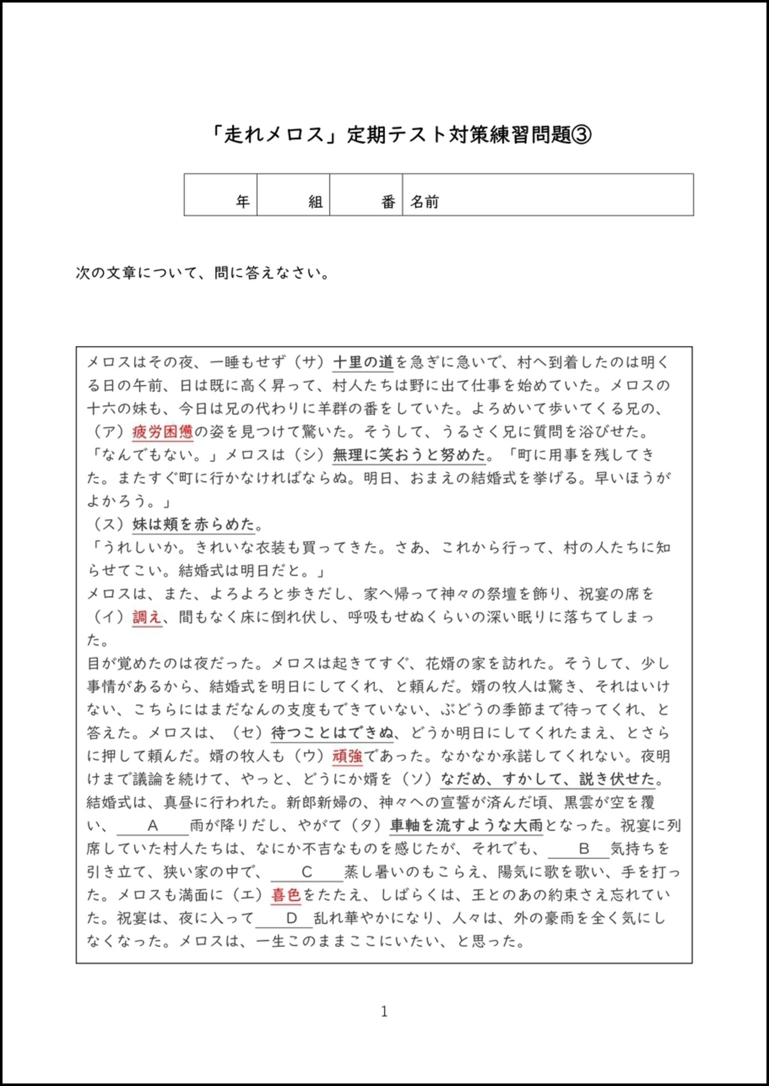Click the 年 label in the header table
(243, 202)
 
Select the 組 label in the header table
(315, 202)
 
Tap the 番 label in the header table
(388, 202)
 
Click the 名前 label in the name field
(424, 202)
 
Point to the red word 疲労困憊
(162, 432)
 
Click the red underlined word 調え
(147, 617)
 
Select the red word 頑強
(347, 756)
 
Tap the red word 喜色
(285, 895)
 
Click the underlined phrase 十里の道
(363, 362)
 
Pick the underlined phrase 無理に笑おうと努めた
(409, 455)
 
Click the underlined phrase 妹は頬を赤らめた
(193, 524)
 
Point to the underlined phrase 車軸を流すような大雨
(466, 826)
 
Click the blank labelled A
(153, 826)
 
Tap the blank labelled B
(583, 849)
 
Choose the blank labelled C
(306, 872)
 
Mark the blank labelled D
(291, 918)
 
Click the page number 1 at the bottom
(384, 1011)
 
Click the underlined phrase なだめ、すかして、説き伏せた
(549, 779)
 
